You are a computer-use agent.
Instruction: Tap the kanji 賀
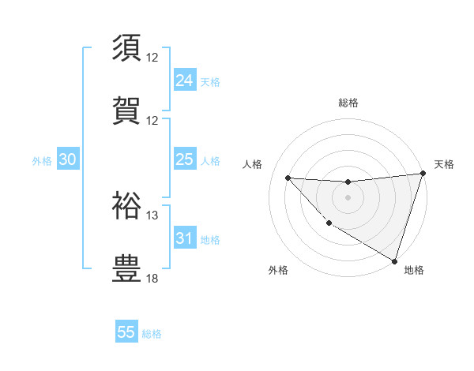(x=127, y=109)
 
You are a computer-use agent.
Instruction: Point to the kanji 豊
(x=127, y=268)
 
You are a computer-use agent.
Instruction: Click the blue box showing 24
(x=185, y=81)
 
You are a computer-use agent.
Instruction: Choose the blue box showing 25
(x=185, y=160)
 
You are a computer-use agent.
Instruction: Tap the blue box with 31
(x=185, y=238)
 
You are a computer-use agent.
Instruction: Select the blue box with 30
(x=68, y=160)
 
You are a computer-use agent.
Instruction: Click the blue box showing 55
(x=126, y=332)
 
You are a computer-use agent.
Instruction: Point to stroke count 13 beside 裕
(x=152, y=215)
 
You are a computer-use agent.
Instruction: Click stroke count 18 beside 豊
(x=152, y=278)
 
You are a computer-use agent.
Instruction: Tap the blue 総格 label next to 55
(x=152, y=334)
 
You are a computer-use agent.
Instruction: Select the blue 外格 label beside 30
(x=42, y=161)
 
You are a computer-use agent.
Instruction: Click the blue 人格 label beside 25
(x=210, y=161)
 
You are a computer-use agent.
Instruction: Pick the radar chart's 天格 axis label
(x=444, y=164)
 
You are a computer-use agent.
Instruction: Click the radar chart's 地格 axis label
(x=414, y=270)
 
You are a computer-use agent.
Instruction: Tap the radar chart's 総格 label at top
(x=348, y=103)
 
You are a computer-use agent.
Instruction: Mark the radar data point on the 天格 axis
(x=423, y=174)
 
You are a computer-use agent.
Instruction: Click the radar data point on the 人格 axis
(x=288, y=178)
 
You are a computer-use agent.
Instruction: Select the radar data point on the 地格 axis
(x=394, y=260)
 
